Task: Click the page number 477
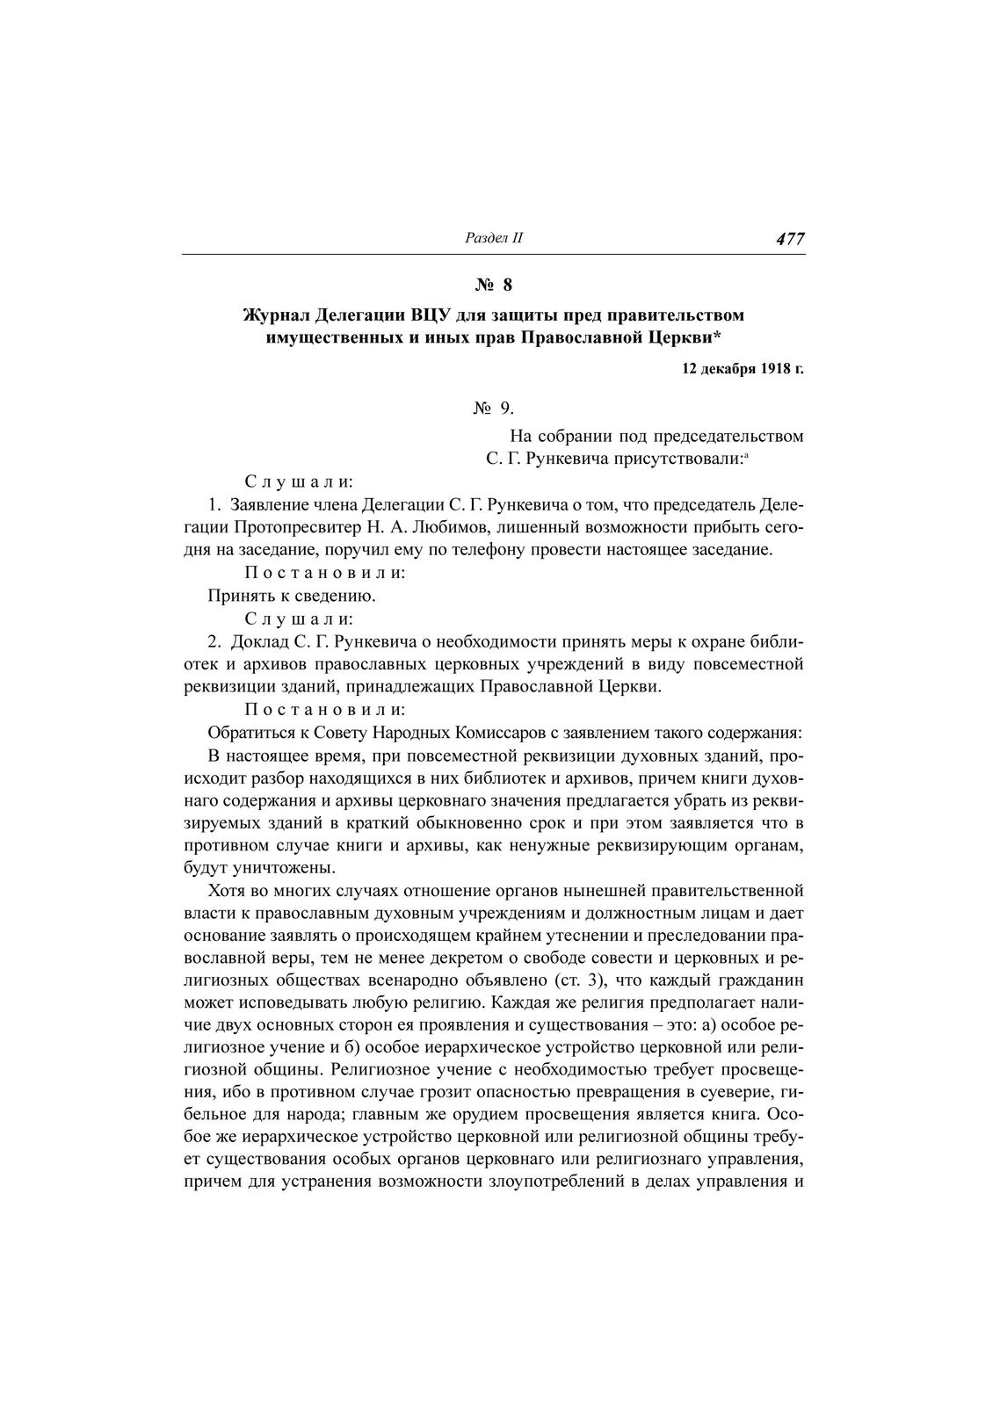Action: tap(790, 239)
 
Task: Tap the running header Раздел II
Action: tap(493, 239)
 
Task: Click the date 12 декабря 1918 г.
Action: tap(743, 369)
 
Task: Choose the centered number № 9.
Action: tap(493, 409)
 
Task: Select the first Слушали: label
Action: tap(299, 482)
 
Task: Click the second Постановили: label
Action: tap(324, 710)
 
